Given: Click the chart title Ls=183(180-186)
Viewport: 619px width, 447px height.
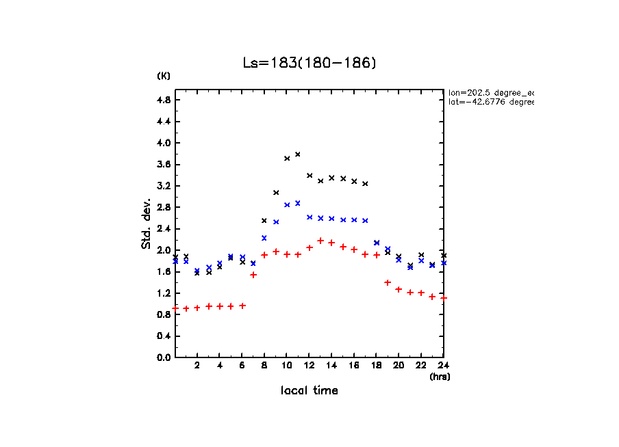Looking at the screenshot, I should point(309,63).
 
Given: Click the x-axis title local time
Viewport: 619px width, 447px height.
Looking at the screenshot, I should point(309,391).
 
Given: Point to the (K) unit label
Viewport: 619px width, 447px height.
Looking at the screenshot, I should point(164,76).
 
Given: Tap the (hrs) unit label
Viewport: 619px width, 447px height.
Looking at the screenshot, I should point(440,377).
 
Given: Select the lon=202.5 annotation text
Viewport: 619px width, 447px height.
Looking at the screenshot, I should point(490,92).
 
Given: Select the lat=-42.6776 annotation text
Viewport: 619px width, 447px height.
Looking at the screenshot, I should point(490,102).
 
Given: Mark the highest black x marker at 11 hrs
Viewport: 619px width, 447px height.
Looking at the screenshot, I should point(298,154).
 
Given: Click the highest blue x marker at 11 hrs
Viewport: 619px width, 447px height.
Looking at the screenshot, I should point(298,203).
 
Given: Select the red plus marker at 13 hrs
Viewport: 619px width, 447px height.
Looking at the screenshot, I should point(320,241).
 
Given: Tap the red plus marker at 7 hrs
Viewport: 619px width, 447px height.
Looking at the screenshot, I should point(253,275).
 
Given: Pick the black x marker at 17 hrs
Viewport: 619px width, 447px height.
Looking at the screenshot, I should point(365,184).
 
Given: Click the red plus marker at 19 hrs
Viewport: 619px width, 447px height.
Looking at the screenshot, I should point(388,282).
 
